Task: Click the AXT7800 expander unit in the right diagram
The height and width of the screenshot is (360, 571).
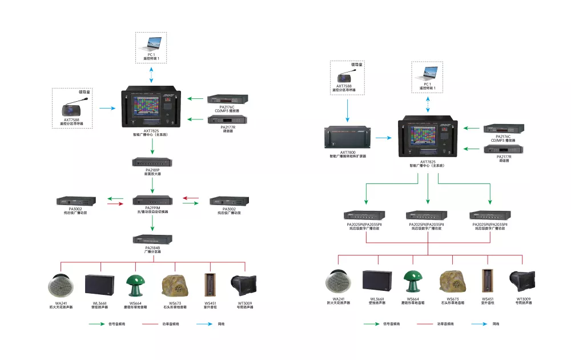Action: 348,137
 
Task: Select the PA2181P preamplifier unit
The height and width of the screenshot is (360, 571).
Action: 152,162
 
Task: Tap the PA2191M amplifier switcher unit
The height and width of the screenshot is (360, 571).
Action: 152,201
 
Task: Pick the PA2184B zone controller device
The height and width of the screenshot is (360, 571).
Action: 152,239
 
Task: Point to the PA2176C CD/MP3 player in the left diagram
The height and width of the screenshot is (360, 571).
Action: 226,99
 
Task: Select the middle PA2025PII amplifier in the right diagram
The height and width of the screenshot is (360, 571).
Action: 427,215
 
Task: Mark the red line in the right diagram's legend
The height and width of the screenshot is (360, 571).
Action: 423,324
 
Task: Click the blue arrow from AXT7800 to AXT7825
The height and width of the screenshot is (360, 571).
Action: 383,137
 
